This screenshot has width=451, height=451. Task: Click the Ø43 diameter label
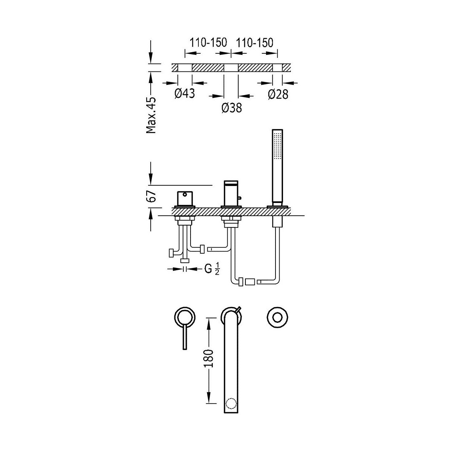tap(185, 93)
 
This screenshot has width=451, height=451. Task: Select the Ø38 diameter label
tap(232, 108)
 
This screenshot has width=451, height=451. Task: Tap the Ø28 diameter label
tap(278, 94)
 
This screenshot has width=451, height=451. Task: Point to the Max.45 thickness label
tap(151, 115)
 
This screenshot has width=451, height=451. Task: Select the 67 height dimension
tap(151, 196)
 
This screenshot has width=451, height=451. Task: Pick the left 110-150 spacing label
tap(208, 42)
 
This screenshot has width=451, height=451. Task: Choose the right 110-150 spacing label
tap(254, 42)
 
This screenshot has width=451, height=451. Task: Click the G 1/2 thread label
tap(212, 269)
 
